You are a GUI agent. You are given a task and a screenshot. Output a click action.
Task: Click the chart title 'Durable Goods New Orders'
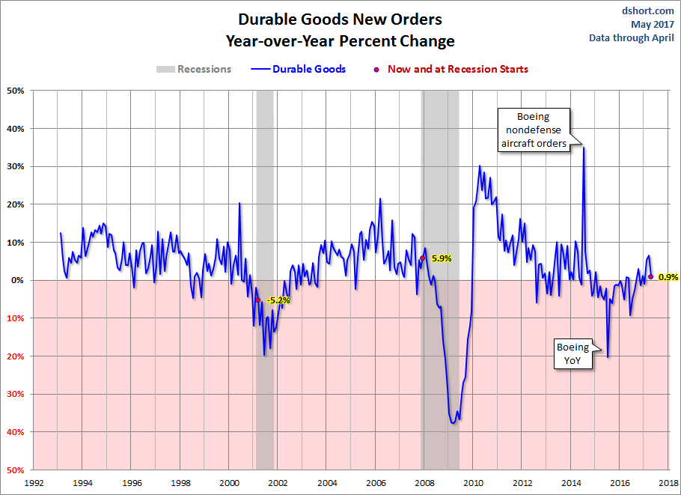coord(340,19)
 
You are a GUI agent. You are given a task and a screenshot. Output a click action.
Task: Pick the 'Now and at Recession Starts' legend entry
coord(457,69)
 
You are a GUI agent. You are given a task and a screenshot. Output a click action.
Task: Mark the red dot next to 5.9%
coord(422,258)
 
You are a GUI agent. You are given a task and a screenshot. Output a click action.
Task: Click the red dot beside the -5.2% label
coord(258,300)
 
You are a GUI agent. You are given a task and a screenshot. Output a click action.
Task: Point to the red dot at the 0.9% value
coord(651,277)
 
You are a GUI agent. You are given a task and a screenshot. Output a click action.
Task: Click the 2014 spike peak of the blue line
coord(583,148)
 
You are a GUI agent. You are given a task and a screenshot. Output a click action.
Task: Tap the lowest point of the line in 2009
coord(454,424)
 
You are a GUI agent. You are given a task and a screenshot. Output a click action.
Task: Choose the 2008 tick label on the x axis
coord(425,483)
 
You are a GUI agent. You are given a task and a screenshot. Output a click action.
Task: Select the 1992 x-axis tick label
coord(34,483)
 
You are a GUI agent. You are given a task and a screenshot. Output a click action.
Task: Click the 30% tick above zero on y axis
coord(16,166)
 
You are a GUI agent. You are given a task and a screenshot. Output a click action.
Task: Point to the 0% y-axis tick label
coord(18,280)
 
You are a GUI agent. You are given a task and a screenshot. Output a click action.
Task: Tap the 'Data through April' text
coord(631,37)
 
